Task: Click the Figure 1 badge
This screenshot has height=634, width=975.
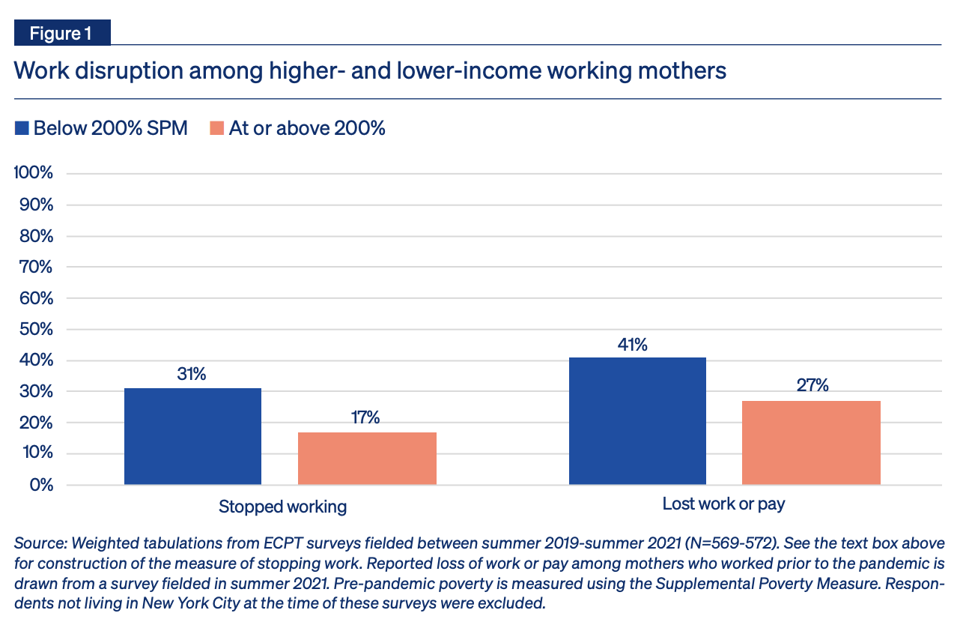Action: click(x=61, y=34)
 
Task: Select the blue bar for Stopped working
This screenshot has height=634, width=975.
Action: click(x=192, y=436)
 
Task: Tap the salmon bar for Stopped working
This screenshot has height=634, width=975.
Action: click(x=367, y=458)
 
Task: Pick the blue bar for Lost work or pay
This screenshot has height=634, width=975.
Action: click(x=637, y=420)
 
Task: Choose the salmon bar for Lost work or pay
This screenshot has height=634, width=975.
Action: click(x=811, y=442)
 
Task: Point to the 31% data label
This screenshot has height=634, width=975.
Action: click(x=192, y=374)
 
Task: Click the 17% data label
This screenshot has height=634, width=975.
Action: click(x=365, y=418)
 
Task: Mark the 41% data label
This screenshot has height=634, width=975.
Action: click(x=632, y=345)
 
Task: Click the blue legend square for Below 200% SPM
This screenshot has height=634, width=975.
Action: click(x=22, y=128)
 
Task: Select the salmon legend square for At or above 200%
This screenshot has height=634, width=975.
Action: click(x=217, y=128)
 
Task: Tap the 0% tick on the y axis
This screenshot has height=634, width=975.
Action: click(x=41, y=485)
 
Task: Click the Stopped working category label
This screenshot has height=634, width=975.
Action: click(x=282, y=507)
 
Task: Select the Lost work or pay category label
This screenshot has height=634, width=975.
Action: click(x=723, y=504)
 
